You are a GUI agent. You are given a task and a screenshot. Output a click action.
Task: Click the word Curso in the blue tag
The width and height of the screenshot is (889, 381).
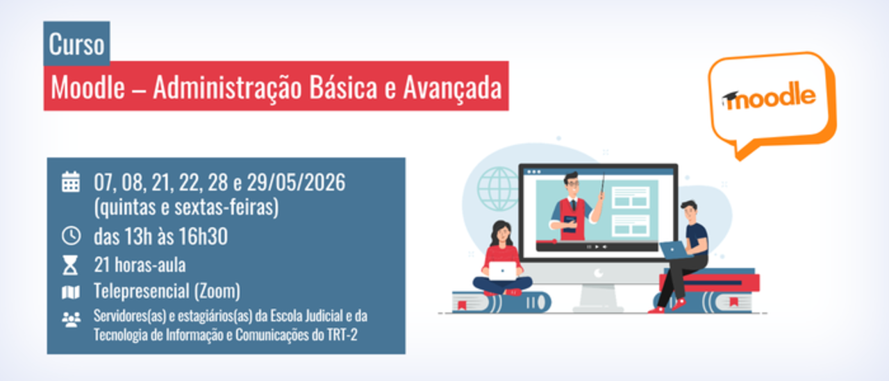[x=76, y=44]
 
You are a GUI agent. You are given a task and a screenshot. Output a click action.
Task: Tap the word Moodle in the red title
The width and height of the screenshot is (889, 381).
[x=88, y=87]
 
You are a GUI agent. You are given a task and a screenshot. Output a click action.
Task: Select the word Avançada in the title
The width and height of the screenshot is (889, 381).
[x=453, y=88]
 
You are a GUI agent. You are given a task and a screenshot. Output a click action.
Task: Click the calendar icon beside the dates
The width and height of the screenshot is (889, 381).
[x=71, y=182]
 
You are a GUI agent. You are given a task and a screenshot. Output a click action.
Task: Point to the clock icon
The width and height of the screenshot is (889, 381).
[x=71, y=235]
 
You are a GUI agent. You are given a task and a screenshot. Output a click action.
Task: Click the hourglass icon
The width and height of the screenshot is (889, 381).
[x=70, y=265]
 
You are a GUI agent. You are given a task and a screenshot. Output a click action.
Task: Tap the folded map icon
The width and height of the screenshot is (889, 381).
[x=71, y=292]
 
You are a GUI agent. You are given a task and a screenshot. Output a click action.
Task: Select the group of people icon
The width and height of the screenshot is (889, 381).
[x=71, y=319]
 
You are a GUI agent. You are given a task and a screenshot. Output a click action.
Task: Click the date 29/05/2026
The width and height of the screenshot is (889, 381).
[x=296, y=183]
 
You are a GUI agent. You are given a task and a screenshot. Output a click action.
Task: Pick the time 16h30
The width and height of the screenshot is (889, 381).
[x=203, y=236]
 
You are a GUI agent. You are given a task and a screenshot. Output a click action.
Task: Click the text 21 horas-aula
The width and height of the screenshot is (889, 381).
[x=140, y=265]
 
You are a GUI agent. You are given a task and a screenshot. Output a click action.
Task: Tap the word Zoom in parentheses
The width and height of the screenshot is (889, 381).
[x=217, y=291]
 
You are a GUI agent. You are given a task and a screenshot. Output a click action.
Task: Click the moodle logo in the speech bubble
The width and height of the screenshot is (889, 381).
[x=769, y=96]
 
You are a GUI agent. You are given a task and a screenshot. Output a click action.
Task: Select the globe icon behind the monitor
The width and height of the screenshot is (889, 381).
[x=498, y=189]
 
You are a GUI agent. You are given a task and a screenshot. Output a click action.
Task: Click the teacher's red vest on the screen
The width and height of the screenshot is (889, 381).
[x=573, y=219]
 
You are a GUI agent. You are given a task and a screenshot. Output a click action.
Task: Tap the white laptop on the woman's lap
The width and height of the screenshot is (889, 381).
[x=502, y=271]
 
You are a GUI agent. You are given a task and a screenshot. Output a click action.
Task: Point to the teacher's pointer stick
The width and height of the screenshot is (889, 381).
[x=602, y=185]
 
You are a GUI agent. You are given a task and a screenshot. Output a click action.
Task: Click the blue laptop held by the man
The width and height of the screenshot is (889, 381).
[x=674, y=250]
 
